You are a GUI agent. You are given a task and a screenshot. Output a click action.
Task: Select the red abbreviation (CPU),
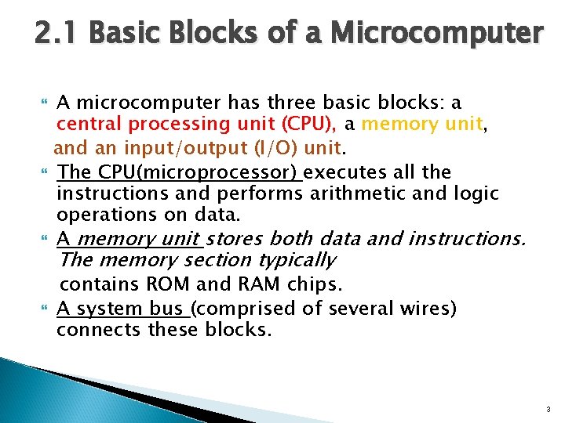click(309, 123)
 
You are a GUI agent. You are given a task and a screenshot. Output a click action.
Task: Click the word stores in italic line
click(236, 238)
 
